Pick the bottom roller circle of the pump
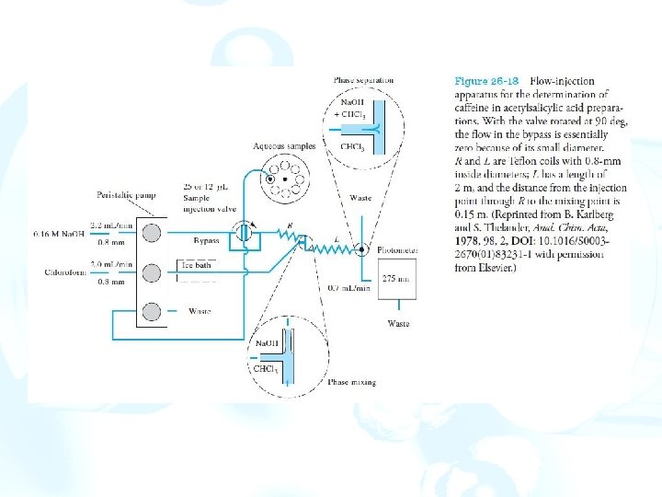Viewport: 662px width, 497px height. point(150,310)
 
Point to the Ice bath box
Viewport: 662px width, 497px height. point(195,265)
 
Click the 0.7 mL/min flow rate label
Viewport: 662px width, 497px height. point(348,289)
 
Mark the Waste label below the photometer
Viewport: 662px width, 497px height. point(398,323)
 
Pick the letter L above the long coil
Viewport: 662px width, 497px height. point(337,238)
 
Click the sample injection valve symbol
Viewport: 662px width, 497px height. point(243,232)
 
